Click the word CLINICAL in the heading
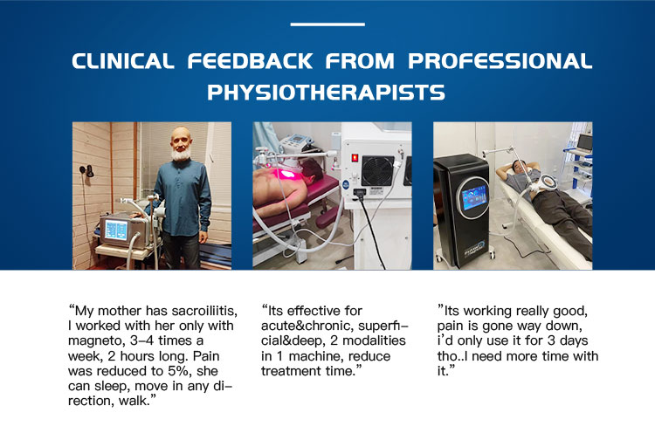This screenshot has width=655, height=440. (123, 61)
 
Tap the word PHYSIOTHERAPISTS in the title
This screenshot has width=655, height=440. (327, 93)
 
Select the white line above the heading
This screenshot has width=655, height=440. (327, 24)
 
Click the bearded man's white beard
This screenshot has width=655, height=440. (181, 154)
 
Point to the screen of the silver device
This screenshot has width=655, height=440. (116, 230)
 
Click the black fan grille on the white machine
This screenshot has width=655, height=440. (377, 171)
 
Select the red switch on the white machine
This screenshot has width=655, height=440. (355, 158)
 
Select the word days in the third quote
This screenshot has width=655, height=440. (574, 341)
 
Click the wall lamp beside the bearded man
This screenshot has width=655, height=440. (86, 170)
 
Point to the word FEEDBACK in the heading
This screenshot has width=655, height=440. (250, 61)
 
